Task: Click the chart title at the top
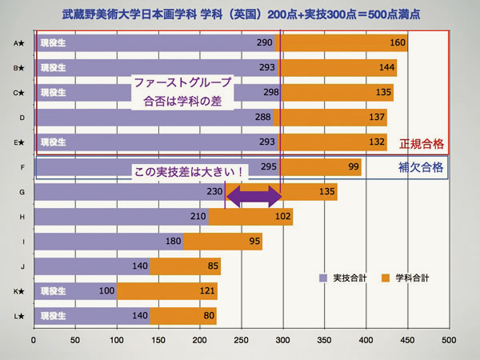coord(240,14)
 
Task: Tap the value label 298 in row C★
coord(271,92)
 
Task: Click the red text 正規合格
coord(421,145)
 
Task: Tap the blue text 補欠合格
coord(421,168)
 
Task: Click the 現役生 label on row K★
coord(54,291)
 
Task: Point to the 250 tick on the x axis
coord(241,339)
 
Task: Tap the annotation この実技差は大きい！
coord(189,171)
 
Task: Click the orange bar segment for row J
coord(185,266)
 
